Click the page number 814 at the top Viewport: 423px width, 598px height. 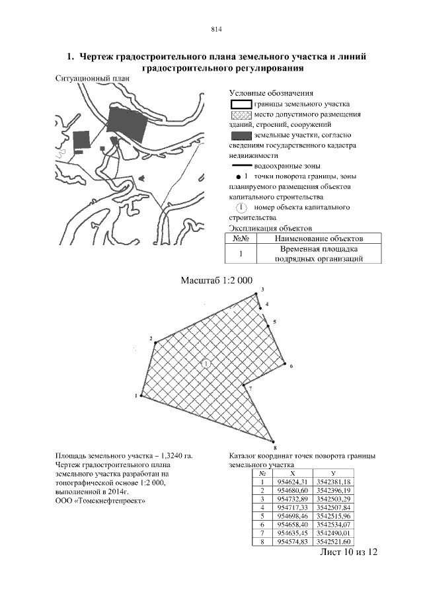[216, 29]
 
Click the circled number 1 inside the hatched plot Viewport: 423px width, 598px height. [206, 364]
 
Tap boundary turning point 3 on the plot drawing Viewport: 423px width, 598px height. [256, 294]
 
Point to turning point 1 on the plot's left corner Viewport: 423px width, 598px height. [141, 396]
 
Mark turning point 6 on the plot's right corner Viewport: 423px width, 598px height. [286, 363]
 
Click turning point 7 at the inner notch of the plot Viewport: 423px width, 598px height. [243, 385]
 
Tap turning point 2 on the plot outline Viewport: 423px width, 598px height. [155, 342]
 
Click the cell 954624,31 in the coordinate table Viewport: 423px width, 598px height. [293, 482]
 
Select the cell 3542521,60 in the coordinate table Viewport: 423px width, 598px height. [333, 542]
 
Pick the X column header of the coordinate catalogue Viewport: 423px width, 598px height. [293, 474]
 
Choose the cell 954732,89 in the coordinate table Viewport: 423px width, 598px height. [293, 500]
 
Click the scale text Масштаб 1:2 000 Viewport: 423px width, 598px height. [216, 281]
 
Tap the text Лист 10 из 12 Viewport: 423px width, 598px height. [348, 552]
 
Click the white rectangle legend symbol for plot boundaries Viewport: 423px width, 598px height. [241, 104]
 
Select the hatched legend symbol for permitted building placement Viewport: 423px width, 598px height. [241, 115]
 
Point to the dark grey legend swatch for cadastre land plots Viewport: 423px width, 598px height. [241, 135]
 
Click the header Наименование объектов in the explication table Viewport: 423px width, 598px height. [319, 239]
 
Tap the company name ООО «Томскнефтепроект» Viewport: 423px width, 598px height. [100, 501]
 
